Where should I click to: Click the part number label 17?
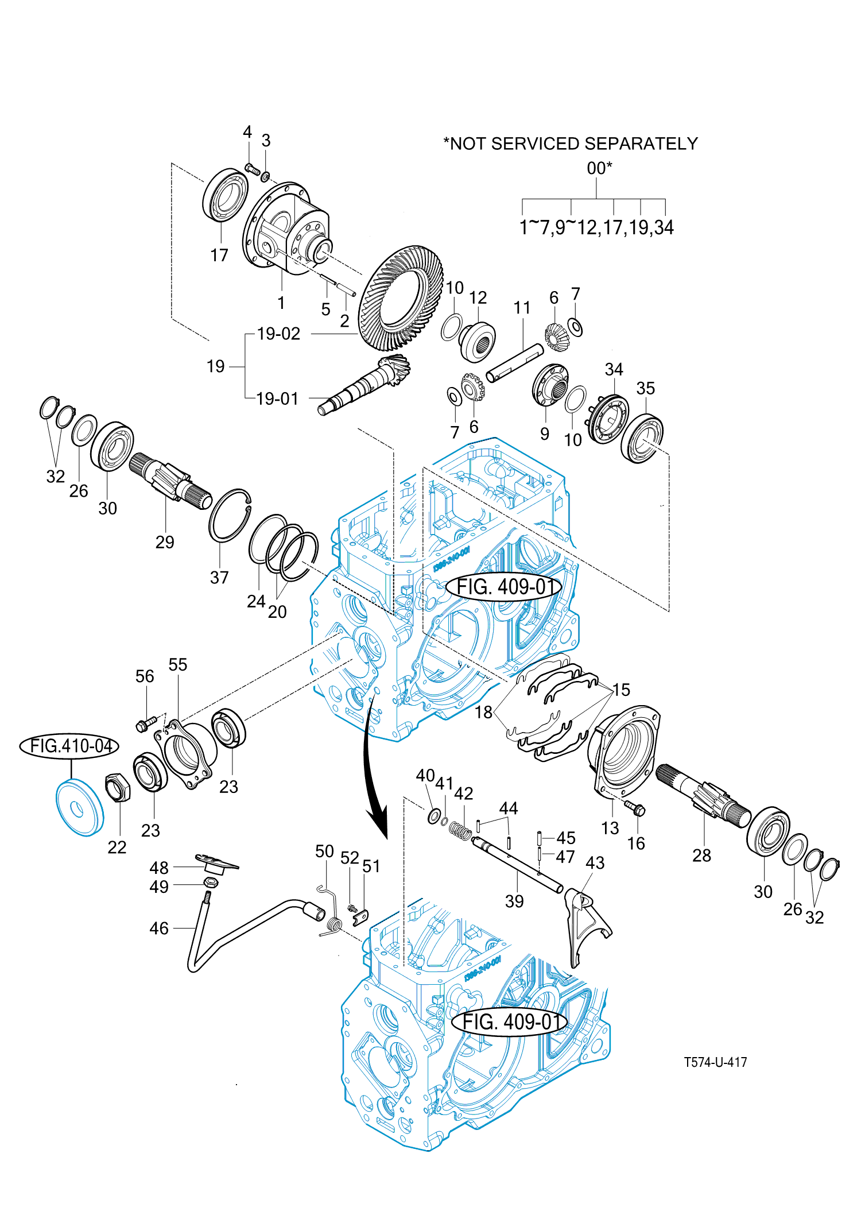(x=219, y=255)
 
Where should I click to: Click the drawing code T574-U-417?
(x=715, y=1062)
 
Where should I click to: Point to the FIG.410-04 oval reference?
(x=70, y=746)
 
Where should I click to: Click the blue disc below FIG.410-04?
(x=79, y=807)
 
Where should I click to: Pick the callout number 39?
(x=514, y=901)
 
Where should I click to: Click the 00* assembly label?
(x=599, y=168)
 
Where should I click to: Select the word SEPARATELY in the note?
(x=641, y=144)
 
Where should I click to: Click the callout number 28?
(x=701, y=856)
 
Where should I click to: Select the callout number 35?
(x=645, y=388)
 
